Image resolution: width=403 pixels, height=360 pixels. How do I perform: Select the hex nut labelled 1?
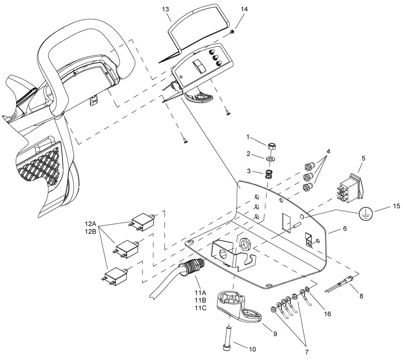[x=271, y=146]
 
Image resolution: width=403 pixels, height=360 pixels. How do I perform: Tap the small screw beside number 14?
[x=233, y=32]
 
